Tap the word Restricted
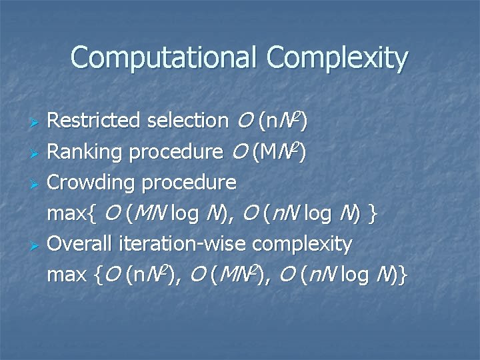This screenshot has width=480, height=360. coord(93,121)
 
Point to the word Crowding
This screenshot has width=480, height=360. coord(89,182)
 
